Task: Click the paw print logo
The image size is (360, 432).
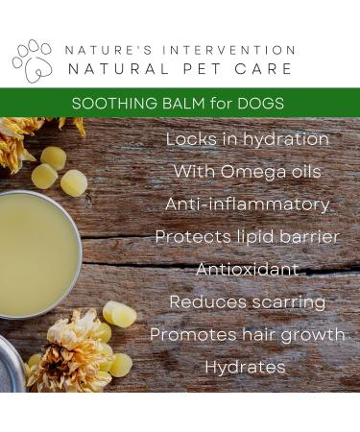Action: (x=32, y=60)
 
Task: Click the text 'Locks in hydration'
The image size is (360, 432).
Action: (x=247, y=139)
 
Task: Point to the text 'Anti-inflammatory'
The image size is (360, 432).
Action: (x=247, y=204)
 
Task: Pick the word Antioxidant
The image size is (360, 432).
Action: (x=247, y=270)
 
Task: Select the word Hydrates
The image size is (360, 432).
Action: (x=247, y=367)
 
